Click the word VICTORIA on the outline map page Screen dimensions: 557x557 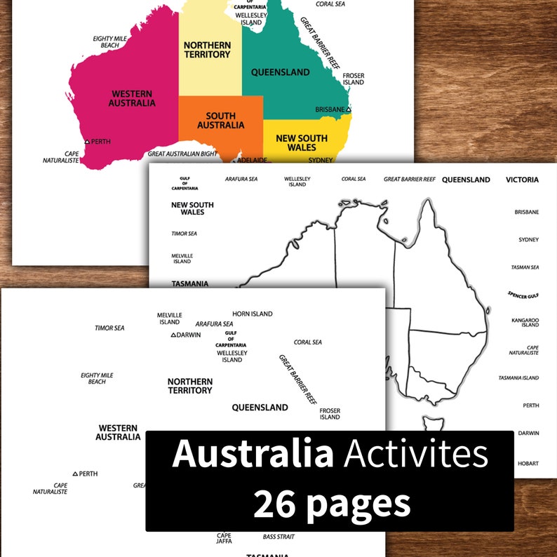coord(522,180)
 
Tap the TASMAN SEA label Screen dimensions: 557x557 coord(524,267)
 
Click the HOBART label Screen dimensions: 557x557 coord(528,464)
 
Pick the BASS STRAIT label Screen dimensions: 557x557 coord(278,537)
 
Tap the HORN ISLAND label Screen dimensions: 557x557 coord(253,314)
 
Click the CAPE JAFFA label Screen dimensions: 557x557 coord(224,538)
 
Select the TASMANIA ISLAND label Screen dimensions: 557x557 coord(518,378)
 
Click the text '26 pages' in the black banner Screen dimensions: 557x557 coord(331,504)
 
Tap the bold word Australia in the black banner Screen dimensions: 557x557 coord(253,455)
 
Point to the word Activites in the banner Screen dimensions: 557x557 coord(415,455)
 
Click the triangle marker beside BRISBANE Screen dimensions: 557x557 coord(349,109)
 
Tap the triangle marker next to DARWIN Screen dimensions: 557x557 coord(173,335)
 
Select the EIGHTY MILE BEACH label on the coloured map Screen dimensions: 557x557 coord(109,42)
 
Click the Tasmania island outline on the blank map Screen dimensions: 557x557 coord(431,423)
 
